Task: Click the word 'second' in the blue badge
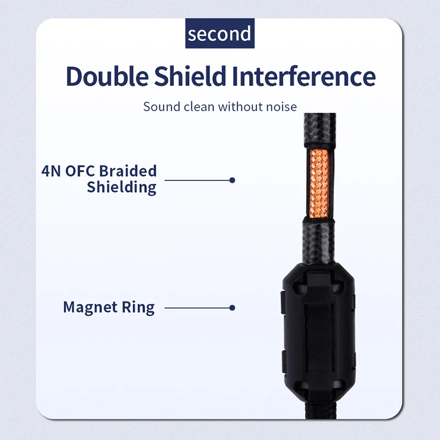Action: pyautogui.click(x=219, y=34)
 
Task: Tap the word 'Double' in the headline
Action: pyautogui.click(x=107, y=76)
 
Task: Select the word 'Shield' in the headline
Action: pyautogui.click(x=190, y=76)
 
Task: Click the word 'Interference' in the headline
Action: pyautogui.click(x=304, y=76)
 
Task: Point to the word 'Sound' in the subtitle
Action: pyautogui.click(x=162, y=107)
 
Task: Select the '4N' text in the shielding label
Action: pyautogui.click(x=51, y=171)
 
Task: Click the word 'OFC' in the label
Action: pyautogui.click(x=80, y=171)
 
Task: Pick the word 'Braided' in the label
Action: pyautogui.click(x=128, y=171)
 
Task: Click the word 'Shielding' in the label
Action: pyautogui.click(x=122, y=187)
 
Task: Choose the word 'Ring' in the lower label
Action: pyautogui.click(x=138, y=307)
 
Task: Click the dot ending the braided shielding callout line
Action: pyautogui.click(x=232, y=180)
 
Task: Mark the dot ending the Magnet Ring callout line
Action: pyautogui.click(x=232, y=308)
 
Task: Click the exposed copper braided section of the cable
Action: pyautogui.click(x=319, y=184)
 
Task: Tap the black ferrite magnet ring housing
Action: pyautogui.click(x=319, y=331)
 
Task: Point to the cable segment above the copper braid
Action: pyautogui.click(x=320, y=130)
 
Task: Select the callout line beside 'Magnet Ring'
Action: pyautogui.click(x=198, y=308)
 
